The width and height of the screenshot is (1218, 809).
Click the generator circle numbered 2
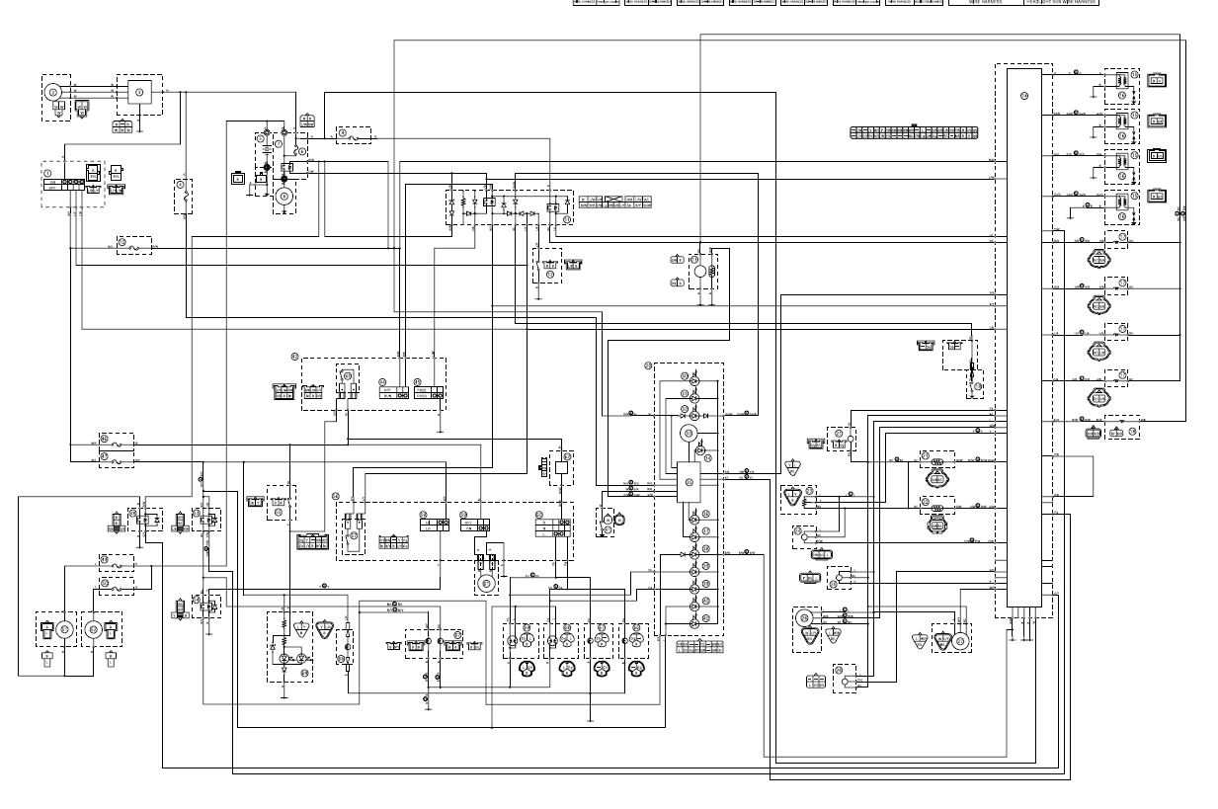click(52, 92)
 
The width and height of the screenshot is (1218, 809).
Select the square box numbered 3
click(139, 92)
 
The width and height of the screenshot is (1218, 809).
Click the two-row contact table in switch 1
click(63, 185)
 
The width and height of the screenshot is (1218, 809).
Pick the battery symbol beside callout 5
click(265, 150)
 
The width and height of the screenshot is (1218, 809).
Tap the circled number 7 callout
click(279, 144)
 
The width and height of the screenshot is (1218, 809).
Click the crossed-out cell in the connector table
click(615, 202)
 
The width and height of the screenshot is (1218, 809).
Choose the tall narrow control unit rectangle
click(1024, 336)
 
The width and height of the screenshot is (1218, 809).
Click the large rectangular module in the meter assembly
click(688, 482)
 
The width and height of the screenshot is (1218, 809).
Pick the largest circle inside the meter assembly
click(688, 434)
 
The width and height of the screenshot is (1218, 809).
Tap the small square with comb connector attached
click(561, 468)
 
